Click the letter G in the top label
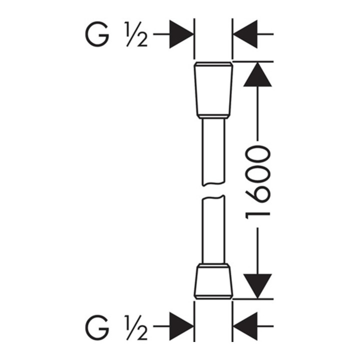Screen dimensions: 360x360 (97, 34)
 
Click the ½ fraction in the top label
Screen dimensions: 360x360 (136, 34)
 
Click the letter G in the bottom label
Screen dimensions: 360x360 (97, 326)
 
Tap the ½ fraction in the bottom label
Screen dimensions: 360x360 (136, 326)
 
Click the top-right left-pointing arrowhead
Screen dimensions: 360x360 (245, 34)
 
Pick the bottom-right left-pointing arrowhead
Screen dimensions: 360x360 (245, 326)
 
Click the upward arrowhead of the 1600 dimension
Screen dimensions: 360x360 (257, 74)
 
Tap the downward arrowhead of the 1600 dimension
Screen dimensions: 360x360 (257, 286)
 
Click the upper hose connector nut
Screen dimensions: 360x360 (213, 90)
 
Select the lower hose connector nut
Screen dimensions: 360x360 (213, 281)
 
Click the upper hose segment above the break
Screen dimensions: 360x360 (213, 152)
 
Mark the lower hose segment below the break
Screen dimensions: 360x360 (213, 229)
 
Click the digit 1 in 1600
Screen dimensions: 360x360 (257, 216)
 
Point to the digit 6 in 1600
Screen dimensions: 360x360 (257, 194)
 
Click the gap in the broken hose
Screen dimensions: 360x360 (213, 190)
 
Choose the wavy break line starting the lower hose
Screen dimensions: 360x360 (213, 197)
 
